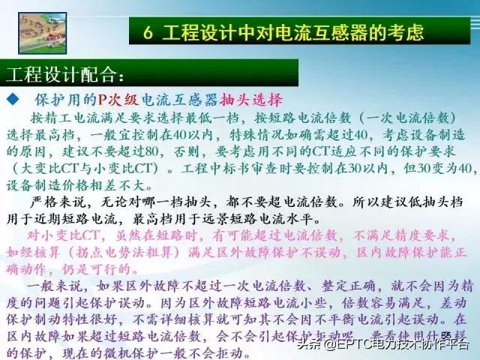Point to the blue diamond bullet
point(12,100)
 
